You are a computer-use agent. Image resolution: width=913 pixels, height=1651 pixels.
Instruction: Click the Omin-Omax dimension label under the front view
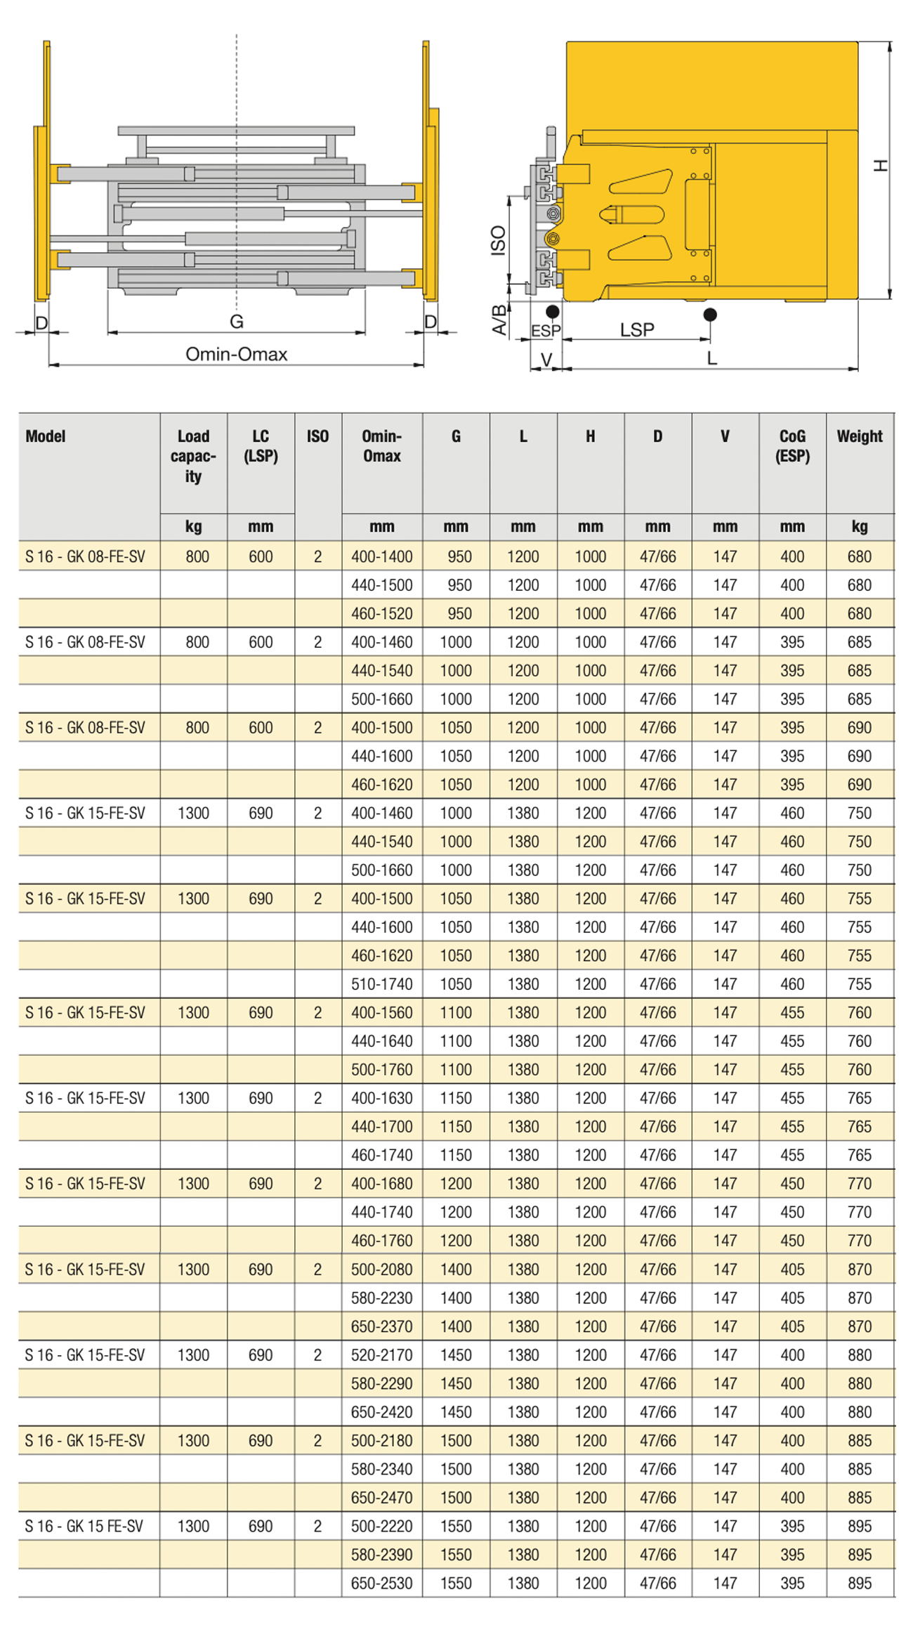tap(236, 354)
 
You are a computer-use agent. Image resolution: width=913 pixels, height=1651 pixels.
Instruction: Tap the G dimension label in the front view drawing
tap(237, 322)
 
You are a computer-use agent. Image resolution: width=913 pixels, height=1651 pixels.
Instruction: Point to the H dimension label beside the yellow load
tap(880, 166)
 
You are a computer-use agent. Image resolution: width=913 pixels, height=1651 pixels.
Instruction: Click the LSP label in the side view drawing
tap(637, 329)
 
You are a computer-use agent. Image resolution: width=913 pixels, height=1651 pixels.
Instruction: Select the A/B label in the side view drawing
tap(499, 320)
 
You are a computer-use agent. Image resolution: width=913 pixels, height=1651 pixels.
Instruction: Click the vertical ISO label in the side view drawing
tap(498, 240)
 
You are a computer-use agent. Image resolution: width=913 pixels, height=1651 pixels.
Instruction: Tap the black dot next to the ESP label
tap(553, 311)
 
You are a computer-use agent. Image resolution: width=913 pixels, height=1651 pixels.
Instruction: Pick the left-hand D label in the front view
tap(41, 323)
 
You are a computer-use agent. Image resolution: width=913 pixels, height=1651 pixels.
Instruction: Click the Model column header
tap(46, 436)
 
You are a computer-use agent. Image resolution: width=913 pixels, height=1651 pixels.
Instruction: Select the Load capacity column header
tap(193, 456)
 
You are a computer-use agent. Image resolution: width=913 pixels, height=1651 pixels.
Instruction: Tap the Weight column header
tap(860, 436)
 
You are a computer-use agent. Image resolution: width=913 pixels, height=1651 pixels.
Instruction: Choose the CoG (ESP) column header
tap(792, 446)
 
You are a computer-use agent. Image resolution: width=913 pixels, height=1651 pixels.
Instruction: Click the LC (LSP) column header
tap(261, 446)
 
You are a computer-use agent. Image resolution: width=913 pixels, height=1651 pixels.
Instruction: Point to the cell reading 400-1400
tap(382, 556)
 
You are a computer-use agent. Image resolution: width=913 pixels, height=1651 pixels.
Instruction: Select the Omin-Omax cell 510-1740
tap(382, 984)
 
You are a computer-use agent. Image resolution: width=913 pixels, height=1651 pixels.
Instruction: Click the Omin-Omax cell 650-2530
tap(382, 1583)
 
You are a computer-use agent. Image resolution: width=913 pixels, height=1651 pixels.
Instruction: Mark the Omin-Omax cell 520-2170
tap(382, 1355)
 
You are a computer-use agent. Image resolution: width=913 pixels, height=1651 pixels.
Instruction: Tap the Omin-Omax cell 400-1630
tap(382, 1097)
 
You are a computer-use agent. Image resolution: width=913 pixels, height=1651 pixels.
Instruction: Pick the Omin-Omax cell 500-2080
tap(382, 1269)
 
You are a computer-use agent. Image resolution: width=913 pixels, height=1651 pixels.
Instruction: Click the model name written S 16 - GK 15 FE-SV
tap(84, 1526)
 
